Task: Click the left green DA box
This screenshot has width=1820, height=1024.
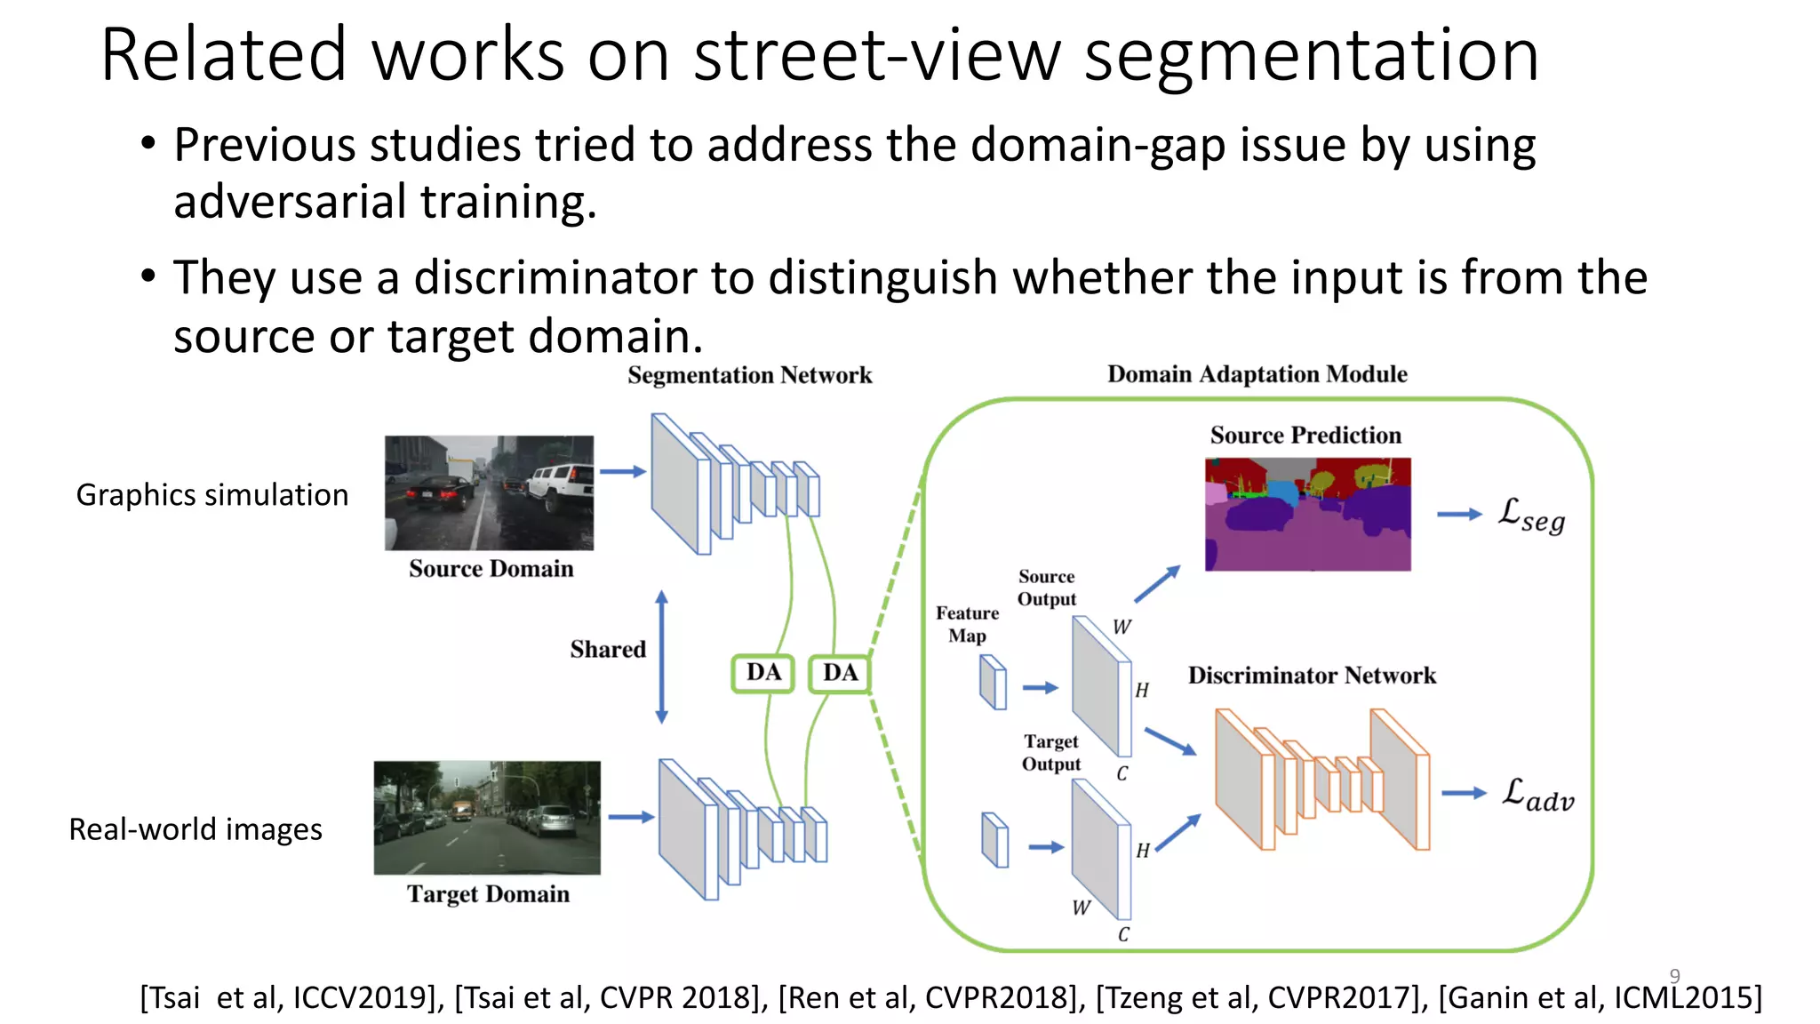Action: (x=762, y=673)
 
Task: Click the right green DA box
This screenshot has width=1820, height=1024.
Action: (x=840, y=673)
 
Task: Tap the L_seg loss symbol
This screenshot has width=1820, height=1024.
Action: (x=1531, y=516)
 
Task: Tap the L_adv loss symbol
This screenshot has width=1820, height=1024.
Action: (x=1537, y=794)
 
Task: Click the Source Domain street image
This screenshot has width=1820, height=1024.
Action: (x=489, y=492)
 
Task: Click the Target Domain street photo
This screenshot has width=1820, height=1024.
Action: (x=487, y=817)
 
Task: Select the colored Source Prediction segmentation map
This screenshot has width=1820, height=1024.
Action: (x=1307, y=514)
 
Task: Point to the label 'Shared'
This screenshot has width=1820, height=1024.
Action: (x=608, y=650)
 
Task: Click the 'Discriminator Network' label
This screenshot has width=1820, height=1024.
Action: (x=1312, y=676)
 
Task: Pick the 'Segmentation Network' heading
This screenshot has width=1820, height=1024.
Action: (x=749, y=375)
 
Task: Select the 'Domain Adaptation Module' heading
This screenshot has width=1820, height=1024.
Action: (x=1257, y=374)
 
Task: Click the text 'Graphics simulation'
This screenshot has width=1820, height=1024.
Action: (x=212, y=495)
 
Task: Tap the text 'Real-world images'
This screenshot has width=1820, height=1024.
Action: (x=196, y=829)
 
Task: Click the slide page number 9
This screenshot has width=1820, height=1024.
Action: (x=1674, y=976)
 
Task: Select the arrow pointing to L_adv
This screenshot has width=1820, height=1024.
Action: (x=1463, y=793)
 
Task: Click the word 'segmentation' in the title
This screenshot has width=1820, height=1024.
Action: (x=1312, y=55)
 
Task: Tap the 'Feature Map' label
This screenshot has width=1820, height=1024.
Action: (x=967, y=624)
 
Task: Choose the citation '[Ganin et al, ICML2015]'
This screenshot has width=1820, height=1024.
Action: (x=1600, y=997)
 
